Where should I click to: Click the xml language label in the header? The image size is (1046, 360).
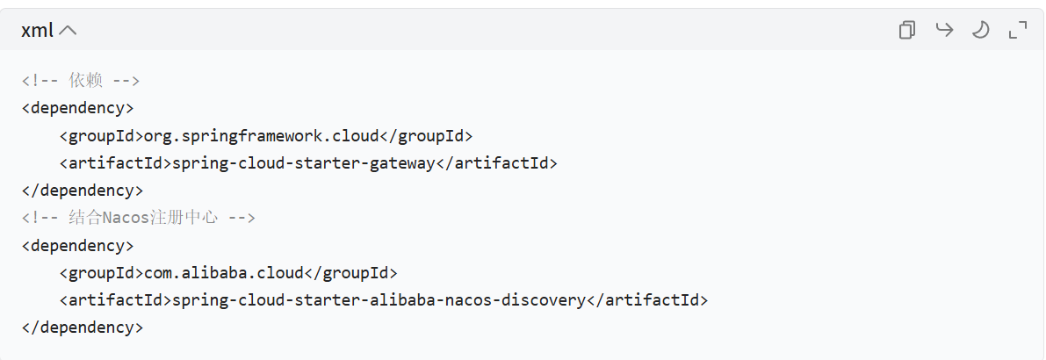tap(37, 31)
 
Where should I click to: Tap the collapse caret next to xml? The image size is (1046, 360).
tap(68, 31)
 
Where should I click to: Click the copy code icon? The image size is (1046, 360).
tap(906, 31)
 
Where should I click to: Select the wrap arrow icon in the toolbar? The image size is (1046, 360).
tap(944, 31)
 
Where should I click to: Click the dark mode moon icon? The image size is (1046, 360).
tap(980, 31)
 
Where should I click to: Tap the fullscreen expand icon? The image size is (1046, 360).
tap(1018, 31)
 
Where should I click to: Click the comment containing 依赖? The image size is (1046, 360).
tap(81, 81)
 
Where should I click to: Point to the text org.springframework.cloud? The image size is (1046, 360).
tap(260, 136)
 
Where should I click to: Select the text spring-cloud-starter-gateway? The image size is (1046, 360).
tap(304, 163)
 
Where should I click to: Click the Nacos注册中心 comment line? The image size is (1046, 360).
tap(139, 218)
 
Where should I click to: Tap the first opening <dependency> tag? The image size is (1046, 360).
tap(77, 108)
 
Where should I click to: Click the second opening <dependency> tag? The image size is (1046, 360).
tap(77, 245)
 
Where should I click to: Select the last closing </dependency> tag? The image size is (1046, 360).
tap(82, 328)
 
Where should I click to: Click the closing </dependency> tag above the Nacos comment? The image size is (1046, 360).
tap(82, 191)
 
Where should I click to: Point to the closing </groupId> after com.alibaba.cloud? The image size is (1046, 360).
tap(350, 272)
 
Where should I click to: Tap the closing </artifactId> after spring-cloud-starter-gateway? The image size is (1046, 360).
tap(497, 163)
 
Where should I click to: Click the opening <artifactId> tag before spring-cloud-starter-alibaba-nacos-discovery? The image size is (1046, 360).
tap(115, 300)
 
